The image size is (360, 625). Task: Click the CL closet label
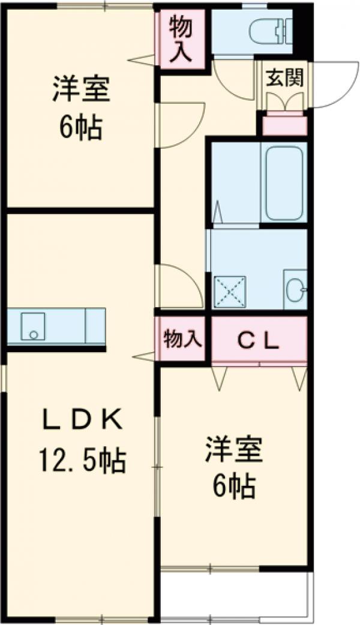coord(259,342)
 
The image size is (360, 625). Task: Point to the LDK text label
coord(82,420)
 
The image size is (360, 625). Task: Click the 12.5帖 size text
coord(82,461)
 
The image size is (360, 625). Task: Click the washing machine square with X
coord(230,291)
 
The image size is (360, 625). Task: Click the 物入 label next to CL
coord(181,340)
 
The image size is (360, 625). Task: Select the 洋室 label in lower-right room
coord(234,450)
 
